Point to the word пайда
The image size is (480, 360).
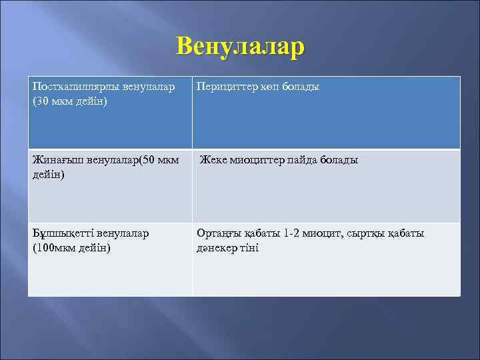(x=303, y=161)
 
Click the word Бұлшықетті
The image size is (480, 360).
(x=63, y=234)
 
